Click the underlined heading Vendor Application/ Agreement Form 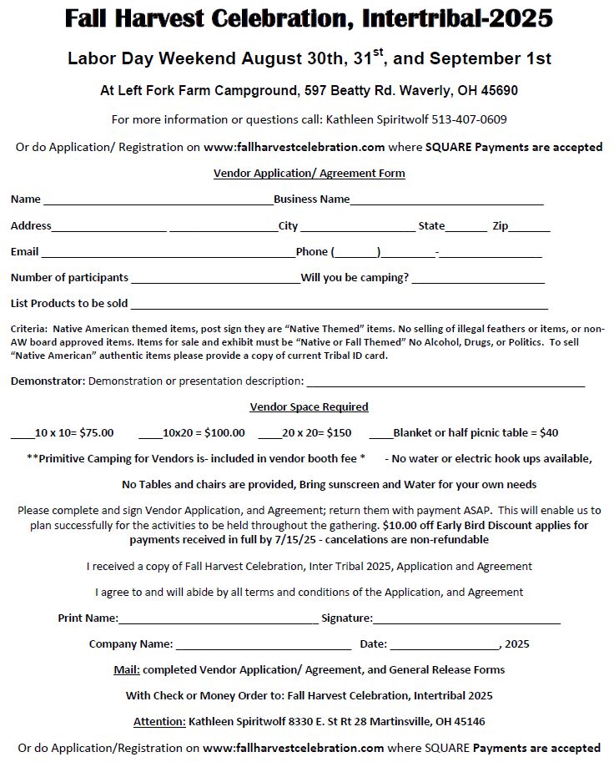click(309, 174)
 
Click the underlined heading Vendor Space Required click(309, 407)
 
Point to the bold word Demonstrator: click(48, 381)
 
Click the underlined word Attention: click(159, 721)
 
